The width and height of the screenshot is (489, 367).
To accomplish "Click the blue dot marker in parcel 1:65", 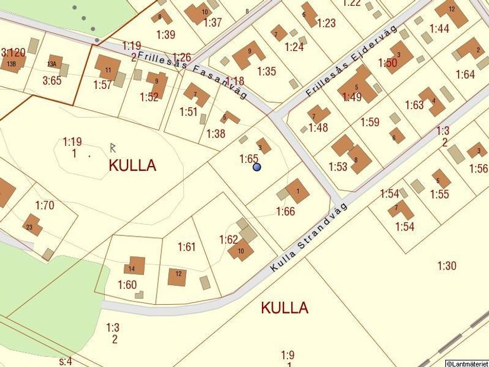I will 257,167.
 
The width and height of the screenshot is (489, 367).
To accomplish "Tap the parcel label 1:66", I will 285,212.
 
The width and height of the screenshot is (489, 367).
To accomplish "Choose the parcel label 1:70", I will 44,206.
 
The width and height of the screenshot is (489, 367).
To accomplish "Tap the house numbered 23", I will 32,225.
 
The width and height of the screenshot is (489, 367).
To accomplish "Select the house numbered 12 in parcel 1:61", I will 177,276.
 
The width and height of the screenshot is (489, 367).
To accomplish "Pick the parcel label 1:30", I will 447,266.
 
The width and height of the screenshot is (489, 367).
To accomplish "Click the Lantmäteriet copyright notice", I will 466,363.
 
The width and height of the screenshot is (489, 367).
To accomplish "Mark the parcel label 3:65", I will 52,81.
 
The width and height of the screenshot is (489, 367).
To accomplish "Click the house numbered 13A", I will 55,62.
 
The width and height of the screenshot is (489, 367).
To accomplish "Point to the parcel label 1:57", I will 103,85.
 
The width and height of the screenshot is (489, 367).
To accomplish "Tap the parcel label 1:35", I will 267,72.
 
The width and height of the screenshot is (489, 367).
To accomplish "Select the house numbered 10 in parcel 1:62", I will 241,250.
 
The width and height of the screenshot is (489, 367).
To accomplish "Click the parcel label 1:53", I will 338,167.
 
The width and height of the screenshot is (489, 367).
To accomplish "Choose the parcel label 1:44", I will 439,28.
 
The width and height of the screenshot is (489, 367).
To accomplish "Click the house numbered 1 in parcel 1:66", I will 297,191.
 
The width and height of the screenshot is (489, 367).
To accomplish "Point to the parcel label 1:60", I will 127,285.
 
